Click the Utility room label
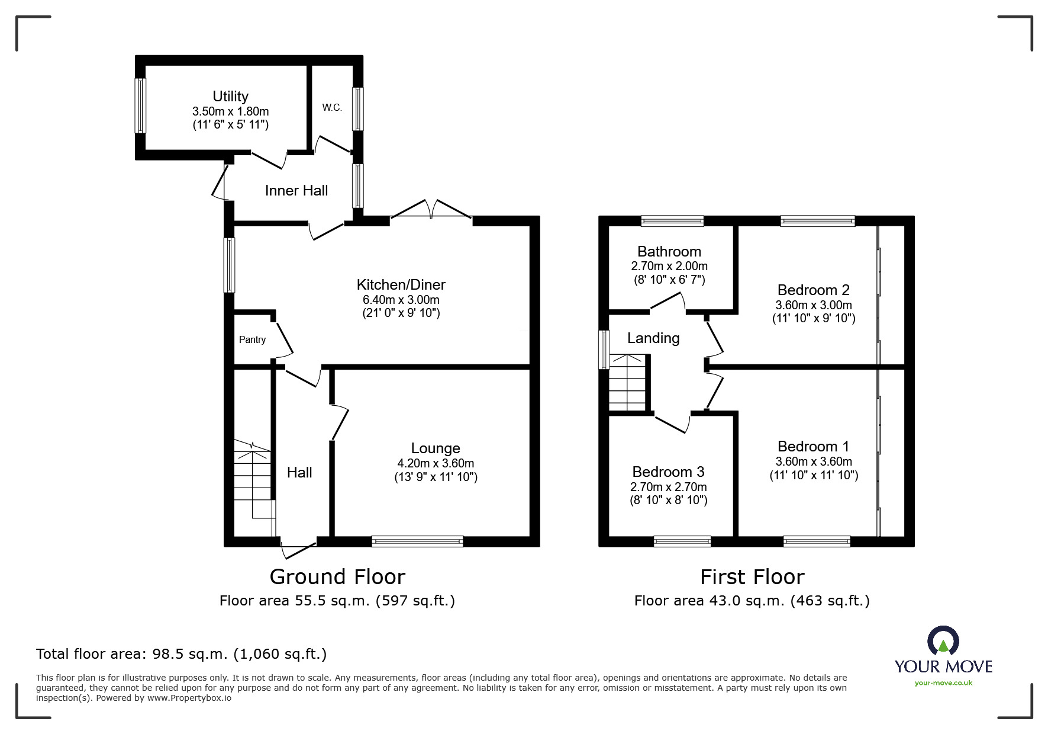click(x=230, y=96)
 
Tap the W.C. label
click(x=332, y=107)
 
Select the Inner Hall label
click(x=296, y=190)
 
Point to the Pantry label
click(x=252, y=339)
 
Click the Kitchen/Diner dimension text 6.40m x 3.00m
click(x=401, y=300)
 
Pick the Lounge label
click(x=436, y=448)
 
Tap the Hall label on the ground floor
click(x=299, y=472)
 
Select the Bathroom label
click(x=669, y=251)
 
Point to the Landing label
click(x=653, y=338)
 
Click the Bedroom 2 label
click(x=814, y=290)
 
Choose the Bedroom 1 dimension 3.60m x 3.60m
click(x=814, y=461)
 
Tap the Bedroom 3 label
click(x=669, y=472)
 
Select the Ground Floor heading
click(x=337, y=576)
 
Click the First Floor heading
click(x=752, y=576)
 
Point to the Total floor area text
click(x=182, y=654)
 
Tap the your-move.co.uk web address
click(x=943, y=683)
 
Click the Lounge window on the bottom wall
click(x=417, y=541)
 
